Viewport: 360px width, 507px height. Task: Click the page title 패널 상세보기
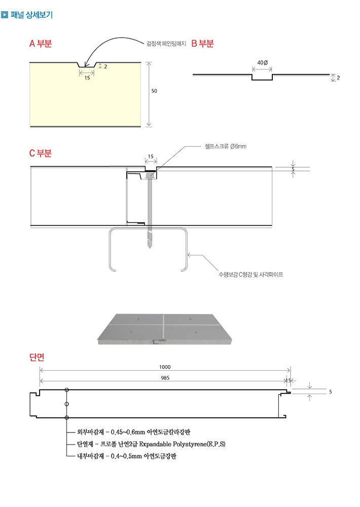click(x=31, y=15)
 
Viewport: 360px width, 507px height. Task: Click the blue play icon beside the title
click(x=5, y=15)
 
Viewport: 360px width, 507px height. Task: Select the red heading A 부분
click(x=41, y=44)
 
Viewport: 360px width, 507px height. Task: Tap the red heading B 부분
click(x=203, y=44)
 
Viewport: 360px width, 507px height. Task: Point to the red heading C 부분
click(x=41, y=153)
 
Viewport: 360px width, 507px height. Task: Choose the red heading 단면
click(x=37, y=357)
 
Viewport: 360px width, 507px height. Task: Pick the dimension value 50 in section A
click(x=154, y=91)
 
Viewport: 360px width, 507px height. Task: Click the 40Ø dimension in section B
click(x=263, y=62)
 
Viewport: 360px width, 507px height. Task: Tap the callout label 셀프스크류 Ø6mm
click(x=229, y=147)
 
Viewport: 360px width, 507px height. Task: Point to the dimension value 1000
click(x=165, y=367)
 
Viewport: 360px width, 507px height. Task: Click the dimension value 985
click(x=165, y=378)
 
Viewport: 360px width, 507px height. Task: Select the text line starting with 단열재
click(x=151, y=444)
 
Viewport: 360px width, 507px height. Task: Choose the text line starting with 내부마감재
click(x=127, y=456)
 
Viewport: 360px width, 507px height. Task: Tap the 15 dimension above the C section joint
click(x=151, y=157)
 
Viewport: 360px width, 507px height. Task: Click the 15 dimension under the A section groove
click(x=87, y=78)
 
